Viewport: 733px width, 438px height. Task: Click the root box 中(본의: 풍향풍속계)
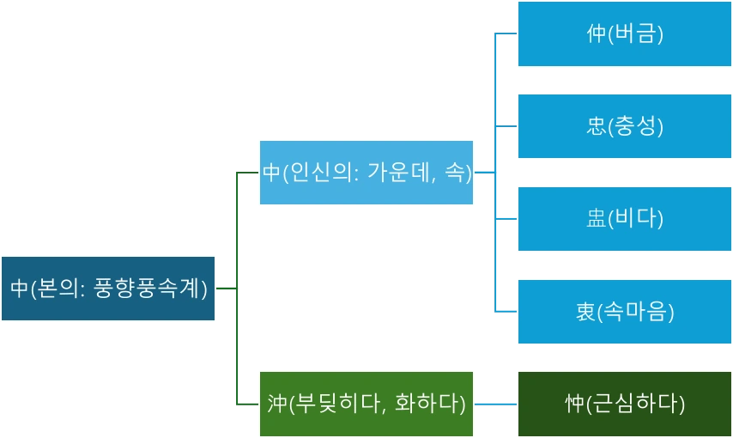(x=107, y=289)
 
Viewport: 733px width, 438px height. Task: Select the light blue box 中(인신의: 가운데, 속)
(x=366, y=173)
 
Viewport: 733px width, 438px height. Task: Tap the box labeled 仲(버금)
(x=624, y=34)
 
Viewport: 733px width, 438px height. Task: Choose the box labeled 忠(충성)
(x=624, y=126)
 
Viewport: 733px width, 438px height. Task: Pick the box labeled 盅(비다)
(x=624, y=218)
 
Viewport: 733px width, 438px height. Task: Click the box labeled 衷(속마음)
(x=624, y=311)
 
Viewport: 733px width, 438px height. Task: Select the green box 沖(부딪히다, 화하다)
(x=366, y=404)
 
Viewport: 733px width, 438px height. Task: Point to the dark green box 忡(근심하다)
(x=624, y=404)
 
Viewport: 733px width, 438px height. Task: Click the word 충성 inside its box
(x=635, y=126)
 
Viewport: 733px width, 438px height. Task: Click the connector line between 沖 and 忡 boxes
(x=495, y=402)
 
